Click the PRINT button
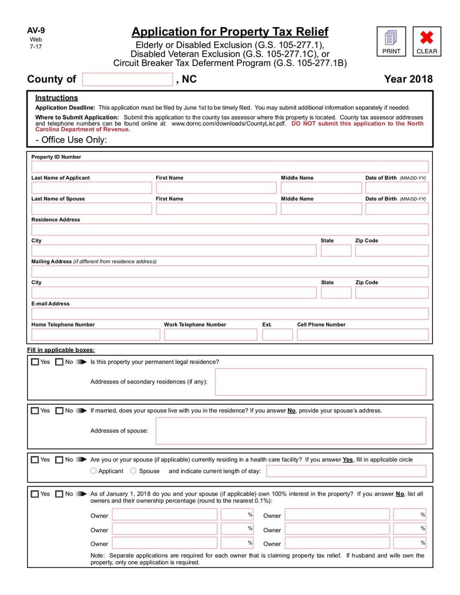(x=391, y=42)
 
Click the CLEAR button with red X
(x=427, y=42)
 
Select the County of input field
(x=128, y=79)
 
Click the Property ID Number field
(x=229, y=167)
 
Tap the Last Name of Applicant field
(x=91, y=188)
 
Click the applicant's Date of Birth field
(x=397, y=188)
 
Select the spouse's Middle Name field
(x=320, y=209)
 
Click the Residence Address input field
(x=229, y=230)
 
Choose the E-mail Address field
(x=229, y=314)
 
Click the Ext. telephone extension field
(x=277, y=335)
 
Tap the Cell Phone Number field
(x=362, y=335)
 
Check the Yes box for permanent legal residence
(x=35, y=362)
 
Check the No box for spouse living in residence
(x=59, y=411)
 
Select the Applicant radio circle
(x=94, y=471)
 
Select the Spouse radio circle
(x=133, y=471)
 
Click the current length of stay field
(x=346, y=471)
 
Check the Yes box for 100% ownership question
(x=35, y=494)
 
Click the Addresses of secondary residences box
(x=320, y=382)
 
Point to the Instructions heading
(x=56, y=98)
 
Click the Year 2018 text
(x=408, y=79)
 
